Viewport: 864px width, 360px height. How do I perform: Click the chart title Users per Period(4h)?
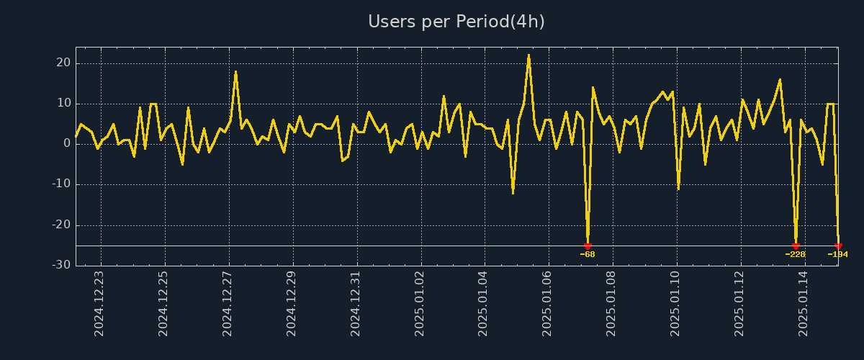456,22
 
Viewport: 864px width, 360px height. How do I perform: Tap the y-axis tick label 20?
63,63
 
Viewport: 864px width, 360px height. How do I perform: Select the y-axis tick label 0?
67,143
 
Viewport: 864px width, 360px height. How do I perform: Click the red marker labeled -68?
588,246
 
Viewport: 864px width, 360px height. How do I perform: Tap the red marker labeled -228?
796,246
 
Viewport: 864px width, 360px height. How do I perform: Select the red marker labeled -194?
838,246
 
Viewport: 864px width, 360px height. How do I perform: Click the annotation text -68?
588,254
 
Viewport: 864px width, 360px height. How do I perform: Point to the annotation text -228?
796,254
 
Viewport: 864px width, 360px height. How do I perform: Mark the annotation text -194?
838,254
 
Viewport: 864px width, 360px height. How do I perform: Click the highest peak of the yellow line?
528,55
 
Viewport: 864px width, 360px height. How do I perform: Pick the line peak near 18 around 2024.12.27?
235,71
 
